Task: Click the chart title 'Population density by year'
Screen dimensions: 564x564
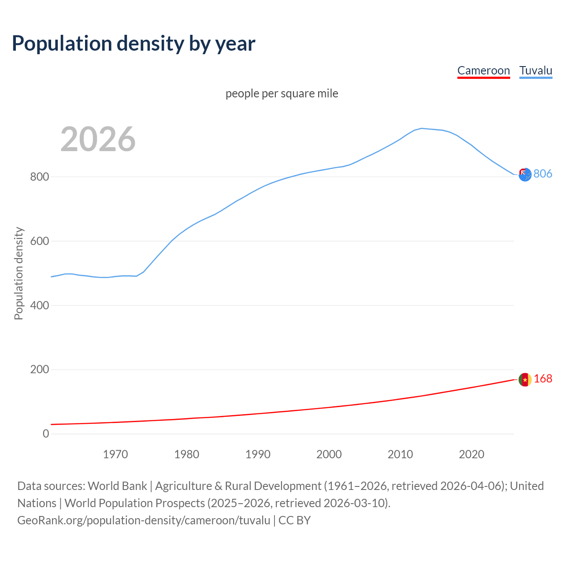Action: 134,43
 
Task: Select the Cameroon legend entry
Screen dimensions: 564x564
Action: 483,70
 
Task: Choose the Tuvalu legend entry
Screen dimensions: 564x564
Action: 535,70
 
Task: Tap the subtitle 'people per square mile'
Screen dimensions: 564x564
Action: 282,93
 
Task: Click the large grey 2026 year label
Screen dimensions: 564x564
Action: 98,139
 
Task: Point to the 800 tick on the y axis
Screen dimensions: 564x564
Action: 39,177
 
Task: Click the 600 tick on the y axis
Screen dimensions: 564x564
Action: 39,241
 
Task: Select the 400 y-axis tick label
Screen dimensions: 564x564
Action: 39,305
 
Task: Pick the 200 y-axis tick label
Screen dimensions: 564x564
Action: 39,370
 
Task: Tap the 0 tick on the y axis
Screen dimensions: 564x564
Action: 46,434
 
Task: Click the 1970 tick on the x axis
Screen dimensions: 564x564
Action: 115,454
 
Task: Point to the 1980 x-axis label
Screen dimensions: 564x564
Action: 186,454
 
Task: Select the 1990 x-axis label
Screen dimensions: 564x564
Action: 258,454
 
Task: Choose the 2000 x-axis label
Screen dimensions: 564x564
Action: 329,454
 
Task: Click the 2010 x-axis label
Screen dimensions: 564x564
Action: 400,454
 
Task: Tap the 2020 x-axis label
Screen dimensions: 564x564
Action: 471,454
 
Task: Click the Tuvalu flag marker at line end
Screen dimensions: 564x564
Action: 525,175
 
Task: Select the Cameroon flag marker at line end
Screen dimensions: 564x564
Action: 525,379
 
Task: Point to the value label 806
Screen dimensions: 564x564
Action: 543,174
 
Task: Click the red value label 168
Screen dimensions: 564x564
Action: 543,379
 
